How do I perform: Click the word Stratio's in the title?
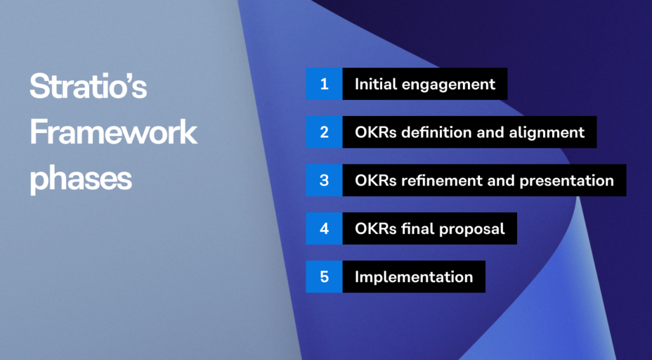click(88, 87)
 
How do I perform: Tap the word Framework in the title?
click(113, 133)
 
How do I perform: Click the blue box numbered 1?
click(324, 84)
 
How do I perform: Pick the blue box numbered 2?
click(324, 132)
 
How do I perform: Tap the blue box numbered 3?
click(324, 180)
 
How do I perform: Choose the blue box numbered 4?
click(324, 228)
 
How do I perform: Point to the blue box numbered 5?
click(324, 277)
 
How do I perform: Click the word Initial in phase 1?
click(372, 84)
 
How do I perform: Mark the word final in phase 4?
click(416, 228)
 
